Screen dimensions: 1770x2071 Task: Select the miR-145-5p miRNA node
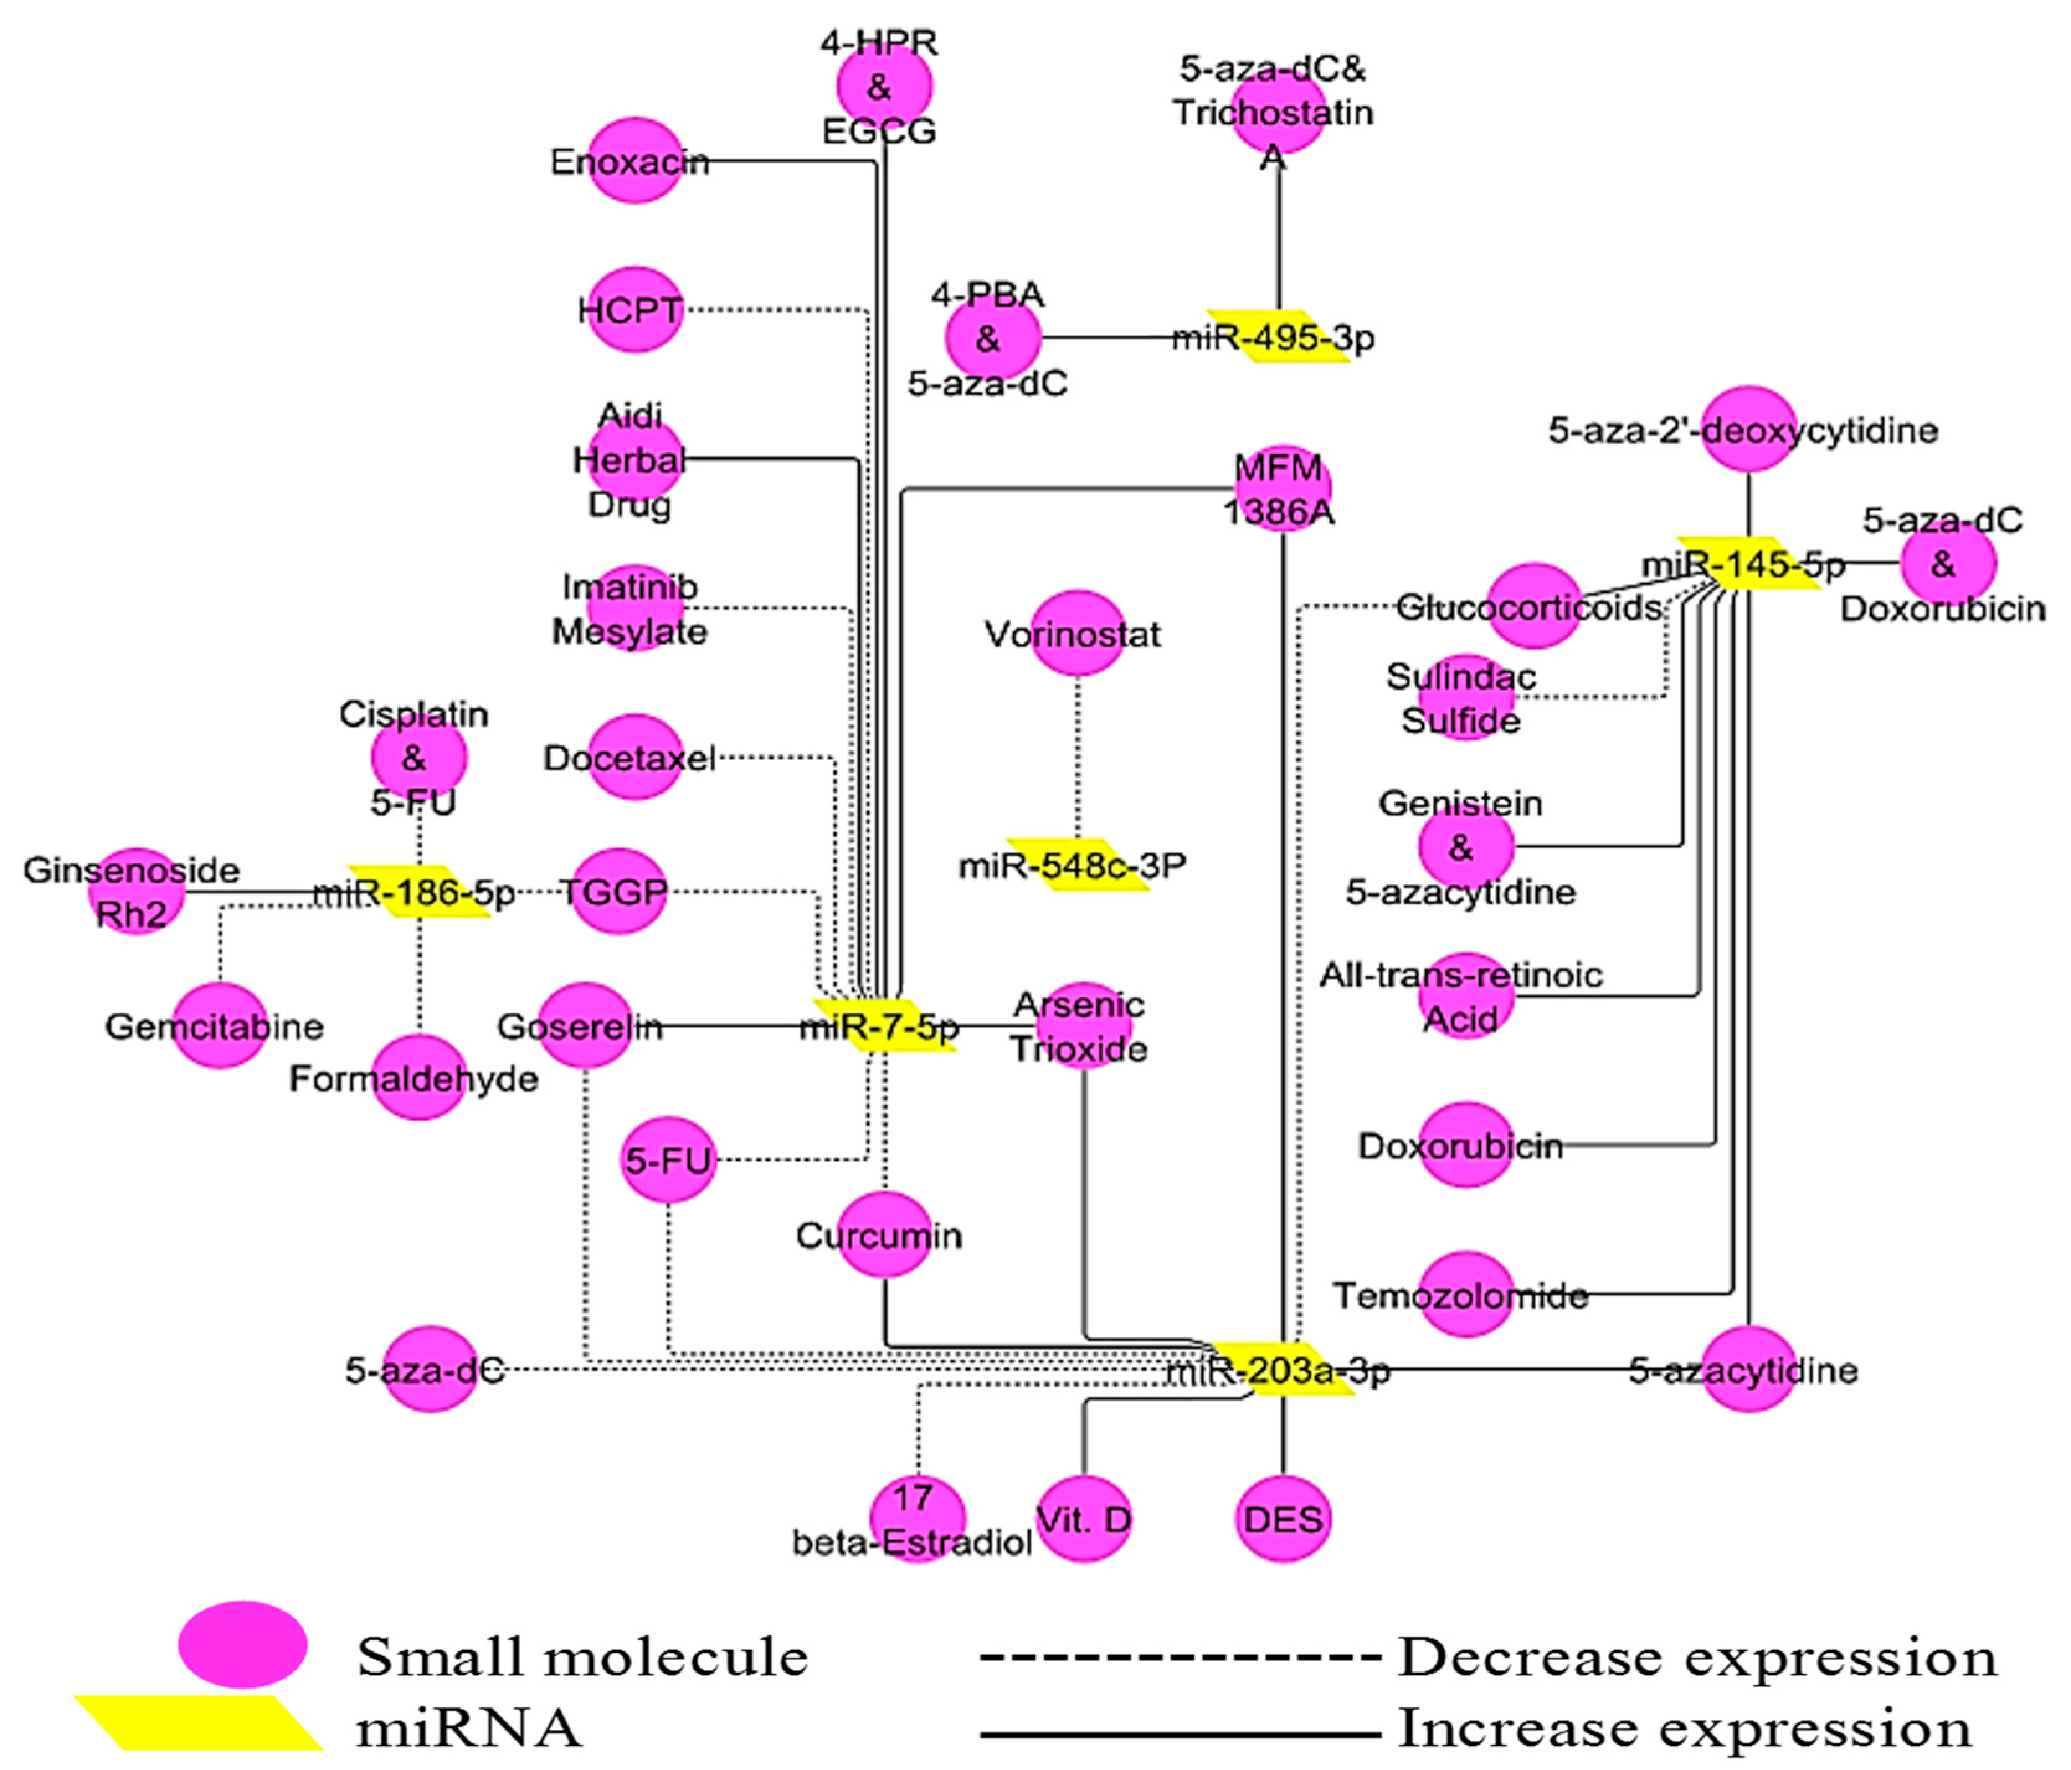pyautogui.click(x=1747, y=564)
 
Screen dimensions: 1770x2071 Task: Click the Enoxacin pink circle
pyautogui.click(x=634, y=161)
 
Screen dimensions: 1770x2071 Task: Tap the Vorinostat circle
pyautogui.click(x=1078, y=634)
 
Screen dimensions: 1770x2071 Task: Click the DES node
pyautogui.click(x=1283, y=1519)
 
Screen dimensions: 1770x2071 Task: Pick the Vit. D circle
pyautogui.click(x=1085, y=1519)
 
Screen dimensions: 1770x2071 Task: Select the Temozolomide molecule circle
pyautogui.click(x=1465, y=1295)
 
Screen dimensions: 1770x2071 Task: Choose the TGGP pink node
pyautogui.click(x=616, y=891)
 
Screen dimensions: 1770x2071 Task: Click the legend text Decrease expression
pyautogui.click(x=1696, y=1658)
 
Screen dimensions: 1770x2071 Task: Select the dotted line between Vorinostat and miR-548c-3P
pyautogui.click(x=1078, y=757)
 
